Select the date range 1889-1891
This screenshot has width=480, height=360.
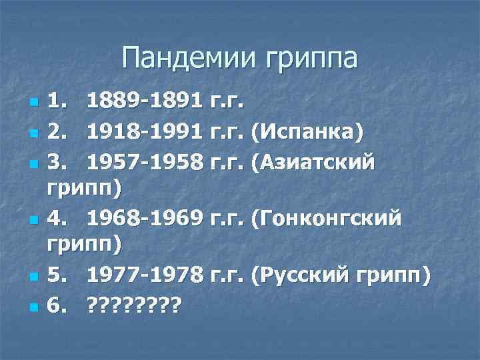[x=145, y=103]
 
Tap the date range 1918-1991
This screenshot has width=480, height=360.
[x=145, y=132]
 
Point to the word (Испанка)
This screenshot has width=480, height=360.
[x=307, y=132]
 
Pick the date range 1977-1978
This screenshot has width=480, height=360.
[x=145, y=275]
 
